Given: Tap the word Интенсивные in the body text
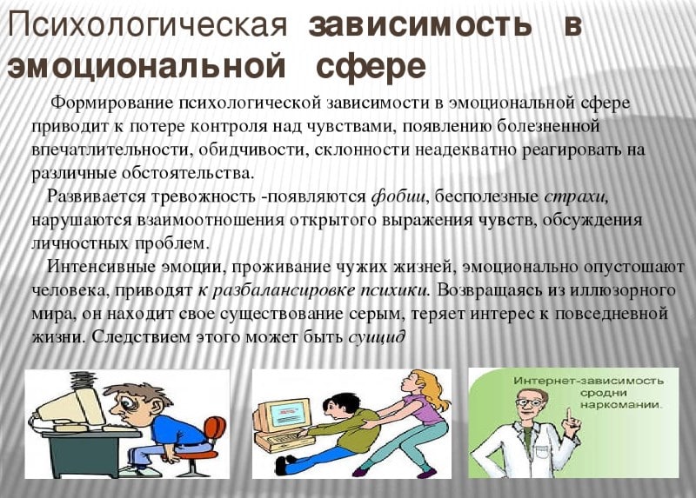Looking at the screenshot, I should pyautogui.click(x=97, y=266).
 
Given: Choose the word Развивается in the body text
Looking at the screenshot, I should pyautogui.click(x=92, y=195).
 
